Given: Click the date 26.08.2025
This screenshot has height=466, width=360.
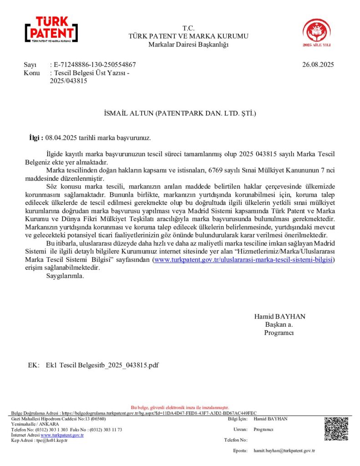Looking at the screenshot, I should [318, 65].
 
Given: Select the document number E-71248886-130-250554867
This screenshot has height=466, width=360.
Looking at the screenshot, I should [94, 65].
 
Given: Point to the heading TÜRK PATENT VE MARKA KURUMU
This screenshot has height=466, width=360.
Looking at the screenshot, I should [188, 36].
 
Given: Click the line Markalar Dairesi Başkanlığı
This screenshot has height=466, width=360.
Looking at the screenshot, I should [188, 44].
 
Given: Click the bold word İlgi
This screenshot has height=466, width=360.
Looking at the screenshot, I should [35, 137].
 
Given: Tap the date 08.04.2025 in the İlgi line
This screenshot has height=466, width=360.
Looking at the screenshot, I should [61, 137].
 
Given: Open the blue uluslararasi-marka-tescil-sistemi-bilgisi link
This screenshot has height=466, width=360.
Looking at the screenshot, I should [244, 259].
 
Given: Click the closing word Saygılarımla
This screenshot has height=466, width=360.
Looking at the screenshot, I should [65, 276].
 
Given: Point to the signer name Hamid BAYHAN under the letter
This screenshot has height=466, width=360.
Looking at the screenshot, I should [279, 316].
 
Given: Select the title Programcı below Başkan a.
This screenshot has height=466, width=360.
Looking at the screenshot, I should [279, 333].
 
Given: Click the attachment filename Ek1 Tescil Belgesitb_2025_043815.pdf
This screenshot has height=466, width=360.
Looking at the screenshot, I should [102, 365].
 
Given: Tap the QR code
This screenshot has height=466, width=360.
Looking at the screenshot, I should [336, 428].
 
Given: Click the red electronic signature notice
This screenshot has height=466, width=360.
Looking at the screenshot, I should [180, 407].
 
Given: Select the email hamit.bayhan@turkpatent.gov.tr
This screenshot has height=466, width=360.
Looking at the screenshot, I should [284, 451].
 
